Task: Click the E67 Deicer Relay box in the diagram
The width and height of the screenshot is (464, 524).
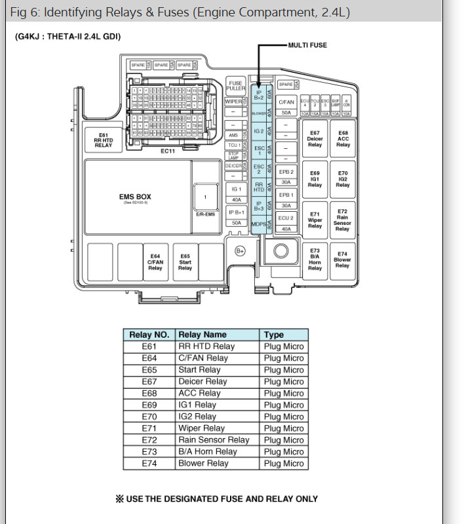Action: [x=315, y=138]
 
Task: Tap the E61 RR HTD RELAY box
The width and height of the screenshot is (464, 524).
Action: [x=104, y=140]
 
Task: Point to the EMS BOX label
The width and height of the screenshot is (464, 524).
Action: [x=135, y=197]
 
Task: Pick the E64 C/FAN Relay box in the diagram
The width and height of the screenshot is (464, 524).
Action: [x=155, y=262]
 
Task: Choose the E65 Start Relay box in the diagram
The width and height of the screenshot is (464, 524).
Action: [x=185, y=262]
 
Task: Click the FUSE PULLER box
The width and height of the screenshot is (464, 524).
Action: [x=235, y=86]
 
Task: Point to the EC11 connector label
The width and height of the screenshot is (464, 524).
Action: [x=168, y=151]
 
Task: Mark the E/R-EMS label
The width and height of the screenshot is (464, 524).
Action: [x=204, y=214]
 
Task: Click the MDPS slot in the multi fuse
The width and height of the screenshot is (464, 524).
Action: [x=258, y=225]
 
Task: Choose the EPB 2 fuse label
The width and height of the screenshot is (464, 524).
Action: [x=286, y=171]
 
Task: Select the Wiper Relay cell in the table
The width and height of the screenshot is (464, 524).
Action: [x=202, y=428]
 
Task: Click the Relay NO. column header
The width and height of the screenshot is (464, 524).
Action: [x=149, y=334]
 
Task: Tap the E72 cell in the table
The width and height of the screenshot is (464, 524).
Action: [x=149, y=440]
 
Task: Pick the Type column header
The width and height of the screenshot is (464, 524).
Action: [x=274, y=334]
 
